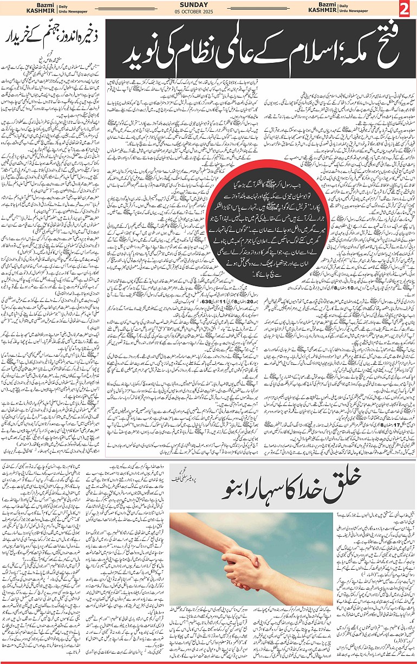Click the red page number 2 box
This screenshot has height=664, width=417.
pos(404,10)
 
